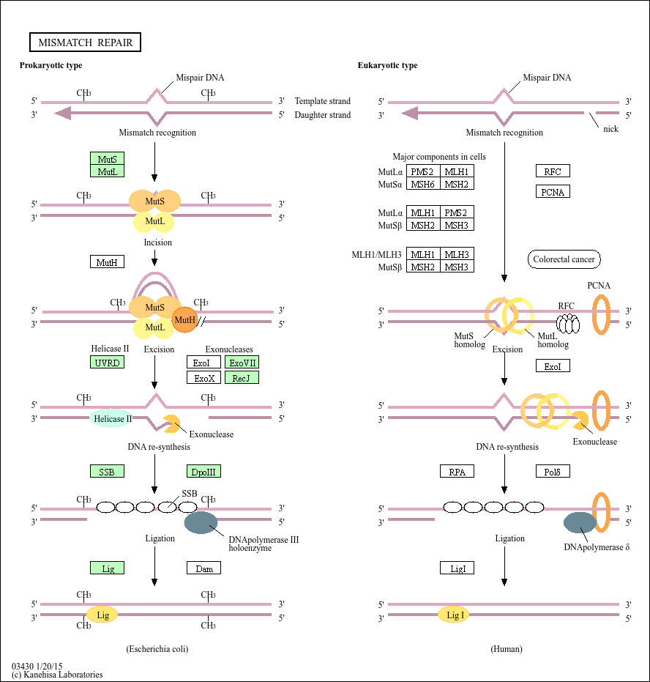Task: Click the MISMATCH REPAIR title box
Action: point(85,42)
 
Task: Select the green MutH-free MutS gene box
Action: point(108,158)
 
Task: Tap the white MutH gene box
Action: point(108,262)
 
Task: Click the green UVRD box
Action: point(108,363)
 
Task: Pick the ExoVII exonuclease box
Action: point(242,363)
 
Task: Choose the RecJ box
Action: point(242,378)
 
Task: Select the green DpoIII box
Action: point(203,472)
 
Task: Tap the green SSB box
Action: point(107,472)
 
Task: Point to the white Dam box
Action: point(203,568)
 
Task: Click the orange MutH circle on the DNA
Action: point(185,319)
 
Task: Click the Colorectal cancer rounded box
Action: point(564,259)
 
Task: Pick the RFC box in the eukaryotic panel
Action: point(553,171)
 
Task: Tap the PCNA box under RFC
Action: point(553,192)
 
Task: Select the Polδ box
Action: point(553,472)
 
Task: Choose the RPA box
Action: point(457,472)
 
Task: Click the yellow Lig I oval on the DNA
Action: point(454,615)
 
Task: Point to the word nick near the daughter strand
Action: point(610,129)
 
